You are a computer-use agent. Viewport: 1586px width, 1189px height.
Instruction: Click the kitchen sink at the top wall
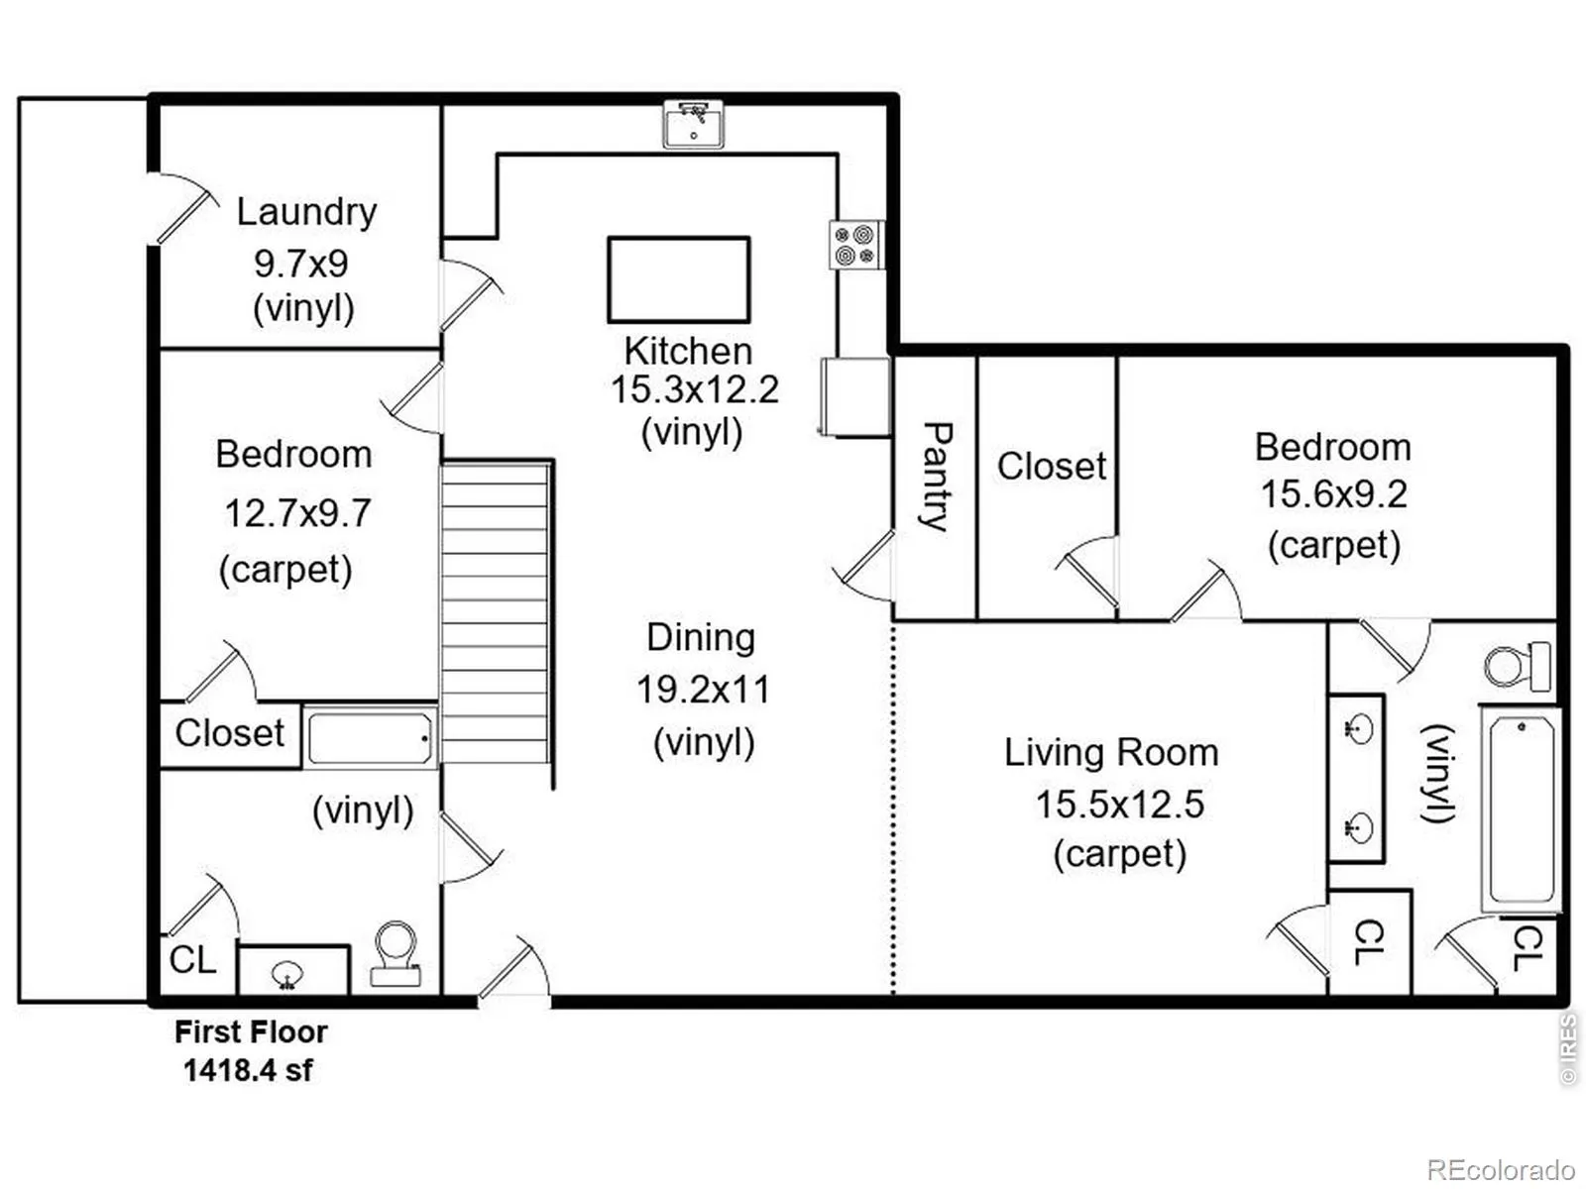point(693,124)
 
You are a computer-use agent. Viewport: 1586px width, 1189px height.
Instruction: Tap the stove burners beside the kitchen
point(854,245)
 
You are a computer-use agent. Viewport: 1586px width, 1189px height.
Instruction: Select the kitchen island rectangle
point(679,279)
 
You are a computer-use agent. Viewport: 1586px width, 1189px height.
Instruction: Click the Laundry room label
point(306,212)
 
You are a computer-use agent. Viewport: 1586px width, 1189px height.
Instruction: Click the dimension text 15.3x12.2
point(694,389)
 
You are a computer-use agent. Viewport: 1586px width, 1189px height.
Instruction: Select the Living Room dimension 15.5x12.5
point(1119,804)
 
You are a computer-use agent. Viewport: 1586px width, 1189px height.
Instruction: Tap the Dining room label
point(701,637)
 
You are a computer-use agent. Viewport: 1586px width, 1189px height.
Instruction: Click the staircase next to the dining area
point(495,612)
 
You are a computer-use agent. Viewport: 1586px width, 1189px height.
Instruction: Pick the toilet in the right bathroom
point(1517,666)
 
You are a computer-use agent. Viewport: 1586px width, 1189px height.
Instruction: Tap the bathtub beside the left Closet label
point(369,738)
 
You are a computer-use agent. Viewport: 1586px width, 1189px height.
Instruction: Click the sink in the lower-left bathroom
point(288,974)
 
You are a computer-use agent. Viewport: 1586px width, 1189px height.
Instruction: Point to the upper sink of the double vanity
point(1358,730)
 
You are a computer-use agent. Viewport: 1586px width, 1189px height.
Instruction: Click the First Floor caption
point(251,1032)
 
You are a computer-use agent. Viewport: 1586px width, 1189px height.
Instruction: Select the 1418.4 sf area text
point(248,1070)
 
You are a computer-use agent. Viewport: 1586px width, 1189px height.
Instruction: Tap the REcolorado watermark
point(1500,1170)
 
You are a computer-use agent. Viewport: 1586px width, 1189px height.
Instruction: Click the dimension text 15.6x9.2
point(1333,494)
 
